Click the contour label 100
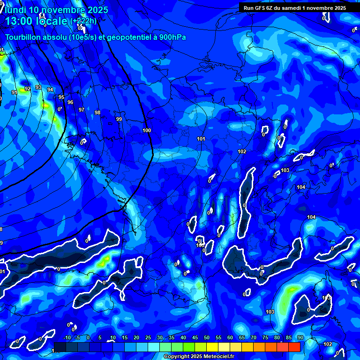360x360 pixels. click(x=147, y=130)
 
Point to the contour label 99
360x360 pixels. click(x=119, y=119)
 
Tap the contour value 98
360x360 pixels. click(x=97, y=112)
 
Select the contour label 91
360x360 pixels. click(x=15, y=93)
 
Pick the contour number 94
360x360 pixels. click(x=50, y=90)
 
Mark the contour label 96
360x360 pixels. click(x=70, y=102)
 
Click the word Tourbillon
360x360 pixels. click(x=23, y=37)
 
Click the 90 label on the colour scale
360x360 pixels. click(x=300, y=338)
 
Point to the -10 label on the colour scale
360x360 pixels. click(x=67, y=338)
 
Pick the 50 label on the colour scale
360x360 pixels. click(x=207, y=338)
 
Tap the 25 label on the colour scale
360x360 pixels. click(x=148, y=338)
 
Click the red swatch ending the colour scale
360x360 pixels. click(x=294, y=347)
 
